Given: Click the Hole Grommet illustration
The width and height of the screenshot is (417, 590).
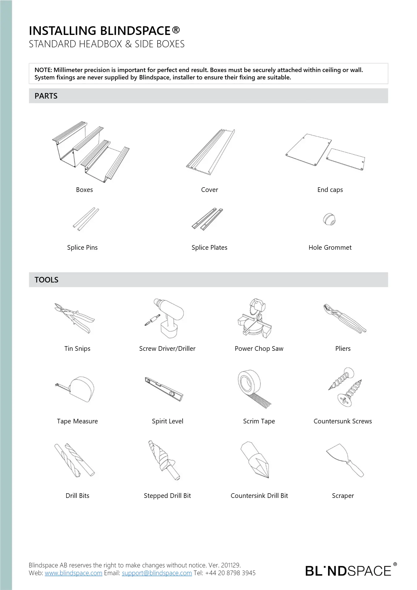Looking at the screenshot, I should click(329, 219).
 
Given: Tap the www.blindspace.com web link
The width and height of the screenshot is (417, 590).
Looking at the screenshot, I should click(74, 573).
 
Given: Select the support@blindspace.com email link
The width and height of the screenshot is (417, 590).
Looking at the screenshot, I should click(157, 573).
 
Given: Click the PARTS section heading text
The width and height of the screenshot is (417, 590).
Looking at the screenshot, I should click(46, 96).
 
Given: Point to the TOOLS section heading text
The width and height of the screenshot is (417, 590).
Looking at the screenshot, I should click(46, 280).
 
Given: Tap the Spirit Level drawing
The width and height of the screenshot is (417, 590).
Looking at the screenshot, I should click(164, 389).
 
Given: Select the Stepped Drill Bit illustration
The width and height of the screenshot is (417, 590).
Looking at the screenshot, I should click(163, 460).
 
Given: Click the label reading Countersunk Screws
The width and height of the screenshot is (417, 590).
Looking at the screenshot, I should click(343, 421).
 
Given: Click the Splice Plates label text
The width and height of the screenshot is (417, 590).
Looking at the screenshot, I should click(209, 248).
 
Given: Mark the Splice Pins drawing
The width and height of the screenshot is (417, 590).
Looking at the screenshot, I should click(86, 219).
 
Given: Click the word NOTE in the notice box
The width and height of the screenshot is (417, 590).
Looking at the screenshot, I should click(43, 70).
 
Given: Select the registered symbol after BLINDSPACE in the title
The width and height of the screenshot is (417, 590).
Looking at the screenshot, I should click(176, 30).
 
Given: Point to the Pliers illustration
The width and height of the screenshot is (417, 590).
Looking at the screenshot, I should click(344, 318).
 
